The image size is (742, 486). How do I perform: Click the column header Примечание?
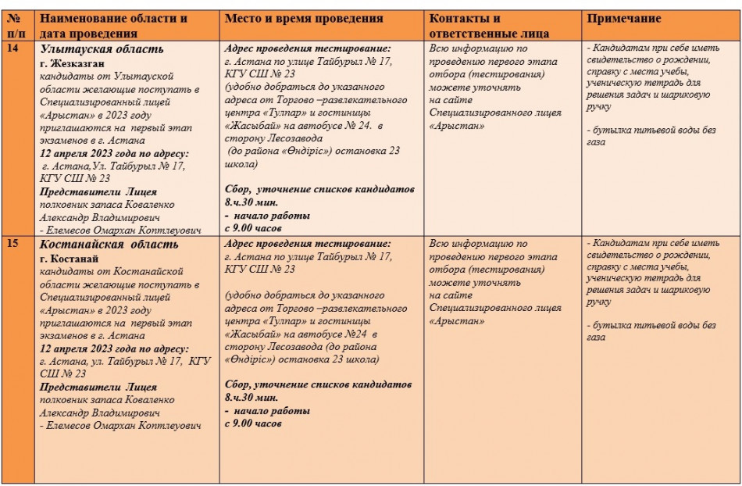[x=624, y=19]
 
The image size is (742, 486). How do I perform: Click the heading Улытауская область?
[x=102, y=49]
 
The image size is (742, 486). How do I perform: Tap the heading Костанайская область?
[x=109, y=245]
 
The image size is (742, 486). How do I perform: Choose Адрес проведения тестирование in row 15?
[x=307, y=244]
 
